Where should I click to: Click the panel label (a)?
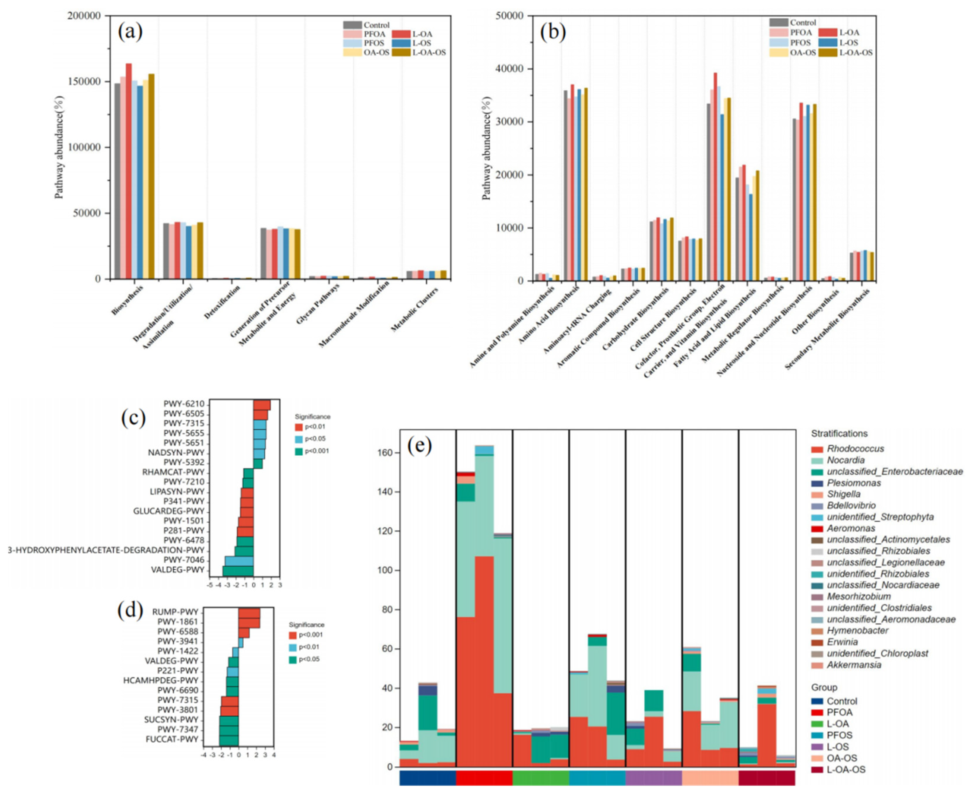(x=130, y=32)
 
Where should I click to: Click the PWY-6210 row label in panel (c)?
(x=184, y=404)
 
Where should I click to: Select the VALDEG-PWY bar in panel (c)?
(x=238, y=570)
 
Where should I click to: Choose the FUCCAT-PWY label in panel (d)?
(x=172, y=739)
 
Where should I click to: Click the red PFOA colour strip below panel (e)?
(x=484, y=778)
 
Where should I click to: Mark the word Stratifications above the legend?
(x=839, y=434)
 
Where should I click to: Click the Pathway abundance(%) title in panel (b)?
(x=487, y=148)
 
